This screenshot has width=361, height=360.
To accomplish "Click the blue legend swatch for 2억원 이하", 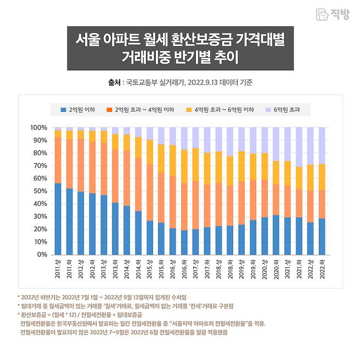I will pyautogui.click(x=64, y=110).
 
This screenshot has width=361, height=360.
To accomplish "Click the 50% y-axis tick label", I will pyautogui.click(x=40, y=191).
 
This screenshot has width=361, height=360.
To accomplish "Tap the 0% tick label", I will pyautogui.click(x=42, y=255).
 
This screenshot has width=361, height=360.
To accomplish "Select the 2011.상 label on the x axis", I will pyautogui.click(x=58, y=269).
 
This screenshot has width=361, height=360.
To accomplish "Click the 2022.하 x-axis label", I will pyautogui.click(x=321, y=269).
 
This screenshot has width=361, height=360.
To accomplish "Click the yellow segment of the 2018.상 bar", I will pyautogui.click(x=218, y=167).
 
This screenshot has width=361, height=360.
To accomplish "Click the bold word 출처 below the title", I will pyautogui.click(x=114, y=83).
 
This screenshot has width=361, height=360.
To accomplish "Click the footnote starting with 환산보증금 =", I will pyautogui.click(x=80, y=314).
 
